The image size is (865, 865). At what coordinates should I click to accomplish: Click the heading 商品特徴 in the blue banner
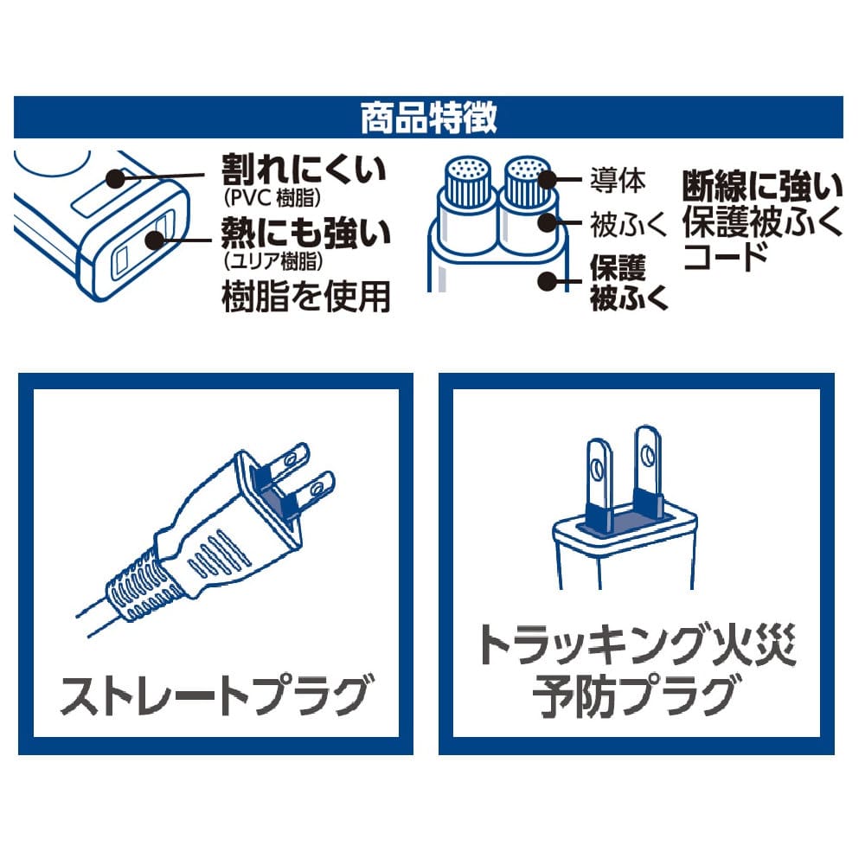pos(429,118)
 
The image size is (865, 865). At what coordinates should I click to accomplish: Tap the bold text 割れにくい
pos(304,169)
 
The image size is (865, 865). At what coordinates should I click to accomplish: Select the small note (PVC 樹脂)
pos(272,197)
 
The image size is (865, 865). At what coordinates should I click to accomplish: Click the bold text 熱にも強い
pos(305,232)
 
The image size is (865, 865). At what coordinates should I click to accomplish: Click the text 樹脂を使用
pos(305,297)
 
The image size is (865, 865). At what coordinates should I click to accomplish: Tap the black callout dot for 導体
pos(548,180)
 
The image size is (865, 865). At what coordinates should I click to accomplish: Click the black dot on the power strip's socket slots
pos(155,240)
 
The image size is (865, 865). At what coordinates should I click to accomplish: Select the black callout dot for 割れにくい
pos(116,179)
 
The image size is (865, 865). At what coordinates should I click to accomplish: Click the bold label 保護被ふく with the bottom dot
pos(628,283)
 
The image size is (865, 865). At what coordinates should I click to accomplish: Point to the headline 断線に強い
pos(762,186)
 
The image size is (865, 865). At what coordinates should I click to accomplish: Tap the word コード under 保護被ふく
pos(726,257)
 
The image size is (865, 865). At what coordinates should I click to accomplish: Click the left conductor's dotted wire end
pos(468,169)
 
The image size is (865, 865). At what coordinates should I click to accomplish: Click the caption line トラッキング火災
pos(638,645)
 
